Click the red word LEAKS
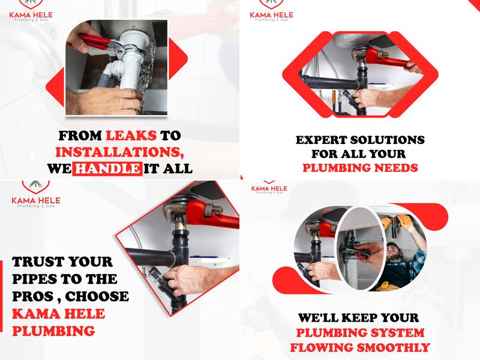[x=131, y=135]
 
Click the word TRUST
[x=41, y=262]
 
